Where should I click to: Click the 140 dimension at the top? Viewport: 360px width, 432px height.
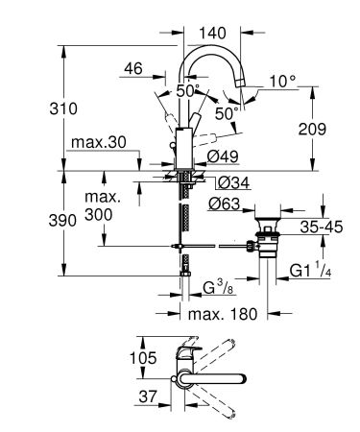[x=211, y=32]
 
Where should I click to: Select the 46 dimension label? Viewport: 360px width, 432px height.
[x=132, y=70]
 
